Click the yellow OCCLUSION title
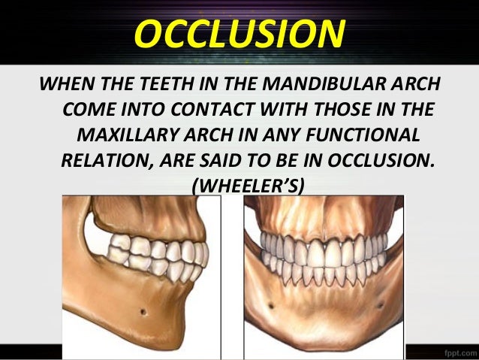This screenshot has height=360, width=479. pyautogui.click(x=239, y=33)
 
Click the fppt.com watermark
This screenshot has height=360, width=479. pyautogui.click(x=454, y=351)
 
